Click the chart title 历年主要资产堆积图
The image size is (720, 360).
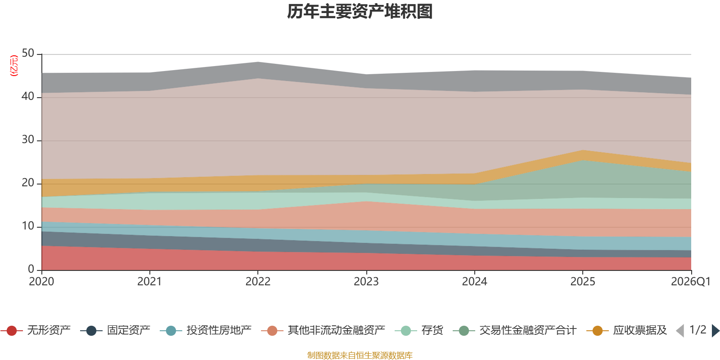(360, 12)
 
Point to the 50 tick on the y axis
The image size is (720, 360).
(28, 54)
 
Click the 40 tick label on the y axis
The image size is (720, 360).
(28, 97)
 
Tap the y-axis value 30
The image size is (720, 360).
(28, 140)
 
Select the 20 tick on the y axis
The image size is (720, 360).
(28, 183)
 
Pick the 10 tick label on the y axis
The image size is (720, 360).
(28, 226)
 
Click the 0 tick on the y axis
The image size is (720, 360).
(31, 270)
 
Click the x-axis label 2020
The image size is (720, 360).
(41, 282)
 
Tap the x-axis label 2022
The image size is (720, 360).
(258, 282)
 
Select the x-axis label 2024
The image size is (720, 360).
(474, 282)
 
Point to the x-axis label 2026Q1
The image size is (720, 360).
(690, 282)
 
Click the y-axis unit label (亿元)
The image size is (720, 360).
(14, 66)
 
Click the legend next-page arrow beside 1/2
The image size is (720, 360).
(715, 331)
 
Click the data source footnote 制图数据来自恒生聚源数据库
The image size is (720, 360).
(360, 355)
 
